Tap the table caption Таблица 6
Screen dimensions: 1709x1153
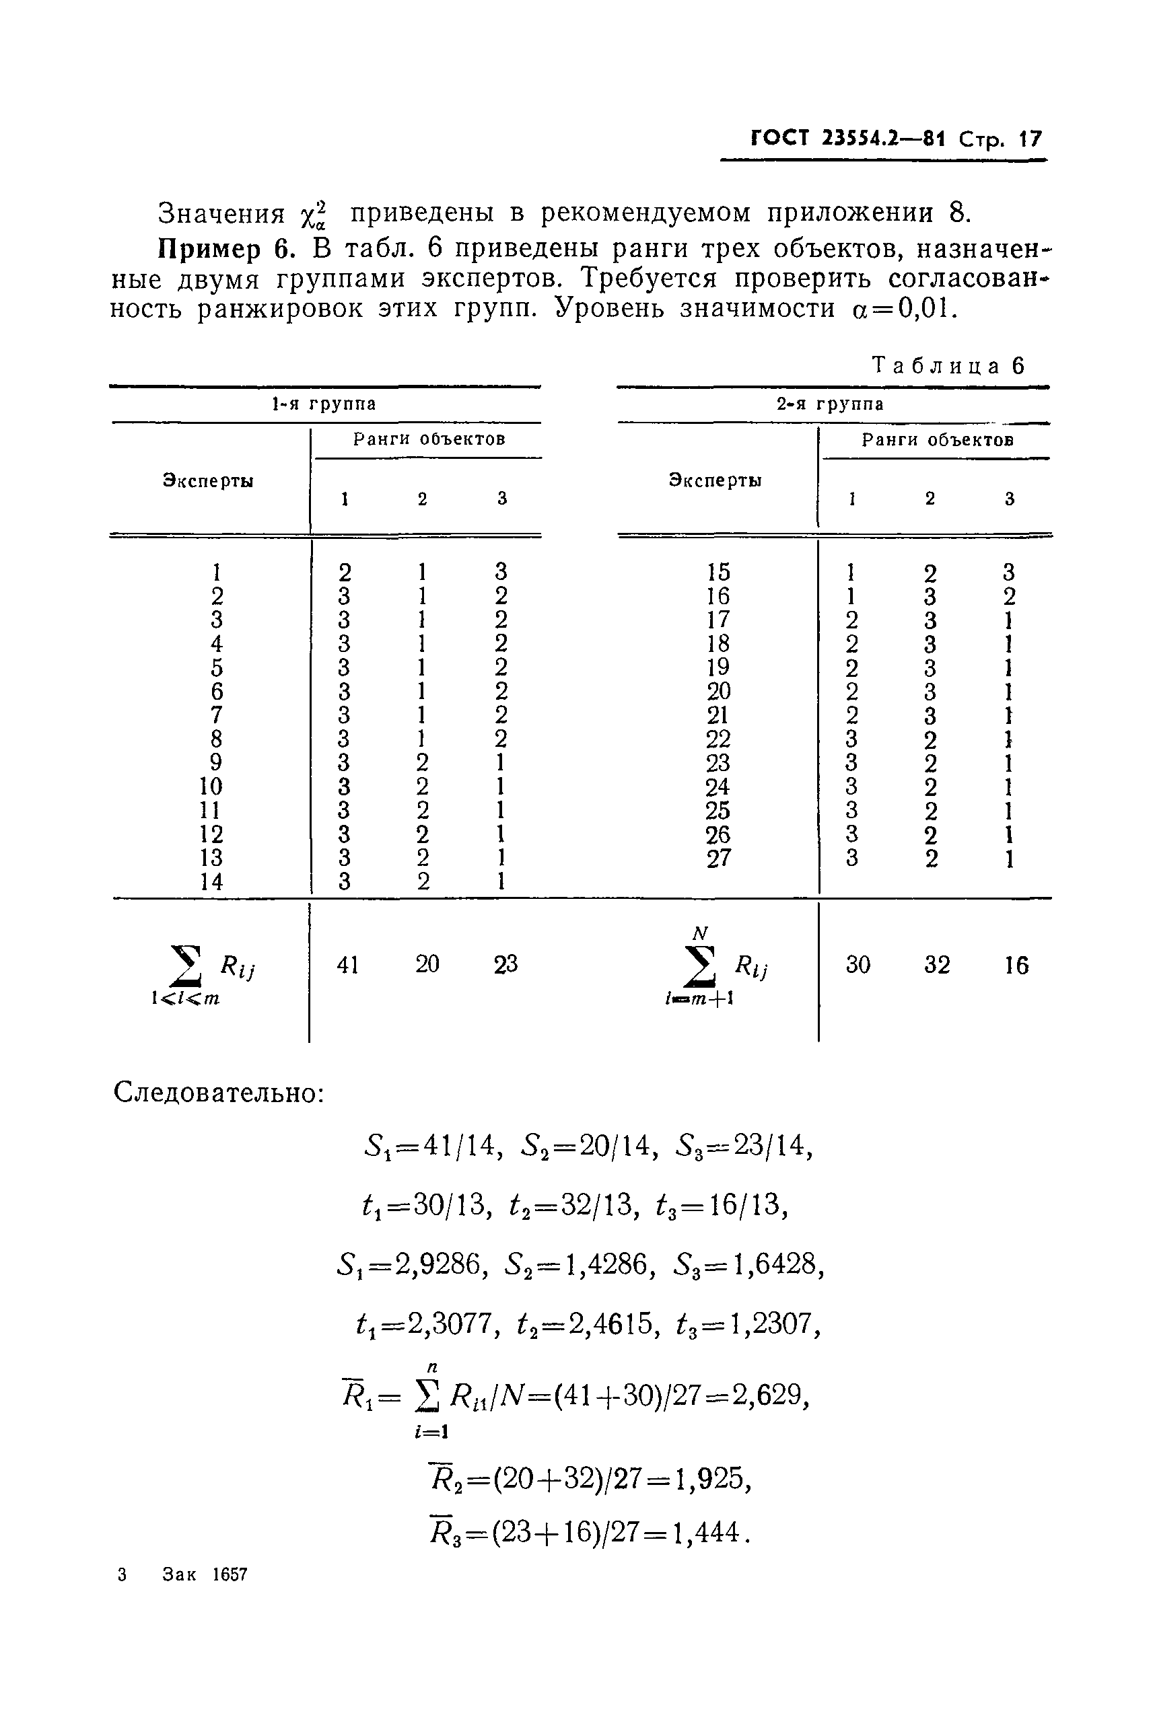click(948, 365)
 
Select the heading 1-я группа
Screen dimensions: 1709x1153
click(324, 404)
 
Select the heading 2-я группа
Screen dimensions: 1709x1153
click(831, 404)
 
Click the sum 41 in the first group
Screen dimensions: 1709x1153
click(347, 964)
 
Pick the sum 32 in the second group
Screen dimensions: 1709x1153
click(937, 964)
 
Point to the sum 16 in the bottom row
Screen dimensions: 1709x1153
click(1016, 965)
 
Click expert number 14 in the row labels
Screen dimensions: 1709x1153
click(211, 881)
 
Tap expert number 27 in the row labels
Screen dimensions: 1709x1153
click(718, 858)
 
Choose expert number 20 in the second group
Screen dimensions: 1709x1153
click(718, 691)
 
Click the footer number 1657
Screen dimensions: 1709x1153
click(230, 1574)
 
